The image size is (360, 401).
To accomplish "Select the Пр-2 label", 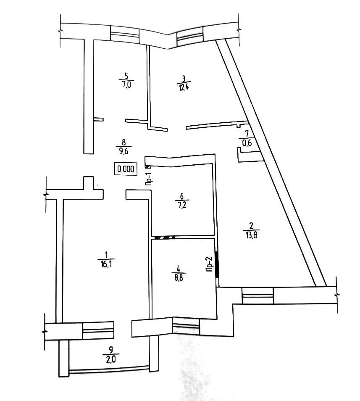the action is coord(209,265).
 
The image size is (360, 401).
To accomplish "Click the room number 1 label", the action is coord(107,254).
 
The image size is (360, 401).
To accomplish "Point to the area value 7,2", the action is coord(182,205).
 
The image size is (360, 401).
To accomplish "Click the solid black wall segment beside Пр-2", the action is coord(217,264).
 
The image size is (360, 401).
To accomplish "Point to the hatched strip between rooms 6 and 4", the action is coord(164,237).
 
